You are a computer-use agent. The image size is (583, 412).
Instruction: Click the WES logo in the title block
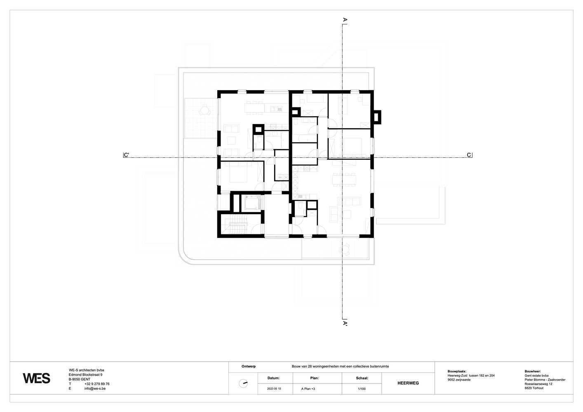[x=36, y=378]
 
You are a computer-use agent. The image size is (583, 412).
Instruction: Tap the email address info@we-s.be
[x=95, y=389]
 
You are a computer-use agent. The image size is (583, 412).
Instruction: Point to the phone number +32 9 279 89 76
[x=97, y=384]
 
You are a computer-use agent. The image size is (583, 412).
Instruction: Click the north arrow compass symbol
[x=243, y=384]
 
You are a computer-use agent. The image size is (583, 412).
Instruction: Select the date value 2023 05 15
[x=274, y=389]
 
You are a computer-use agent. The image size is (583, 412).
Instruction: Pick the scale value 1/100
[x=362, y=389]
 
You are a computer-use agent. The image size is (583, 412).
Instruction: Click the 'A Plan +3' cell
[x=308, y=389]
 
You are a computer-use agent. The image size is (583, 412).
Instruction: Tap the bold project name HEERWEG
[x=408, y=383]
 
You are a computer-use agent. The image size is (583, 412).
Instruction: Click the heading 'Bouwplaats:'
[x=457, y=372]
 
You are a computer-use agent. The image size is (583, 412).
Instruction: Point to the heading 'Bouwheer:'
[x=533, y=372]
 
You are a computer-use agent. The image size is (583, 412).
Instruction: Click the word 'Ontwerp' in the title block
[x=249, y=366]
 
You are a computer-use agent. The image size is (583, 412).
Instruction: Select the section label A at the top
[x=345, y=19]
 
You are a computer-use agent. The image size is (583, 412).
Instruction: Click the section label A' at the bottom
[x=345, y=323]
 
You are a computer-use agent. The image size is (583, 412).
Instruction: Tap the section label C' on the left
[x=127, y=155]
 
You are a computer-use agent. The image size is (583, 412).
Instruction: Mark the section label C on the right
[x=469, y=155]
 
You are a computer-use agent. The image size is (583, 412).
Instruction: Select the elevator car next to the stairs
[x=252, y=202]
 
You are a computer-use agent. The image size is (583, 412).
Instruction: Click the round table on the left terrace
[x=205, y=110]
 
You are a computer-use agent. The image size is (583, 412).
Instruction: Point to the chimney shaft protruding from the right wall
[x=377, y=117]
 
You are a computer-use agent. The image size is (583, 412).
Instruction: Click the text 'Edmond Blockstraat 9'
[x=86, y=375]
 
